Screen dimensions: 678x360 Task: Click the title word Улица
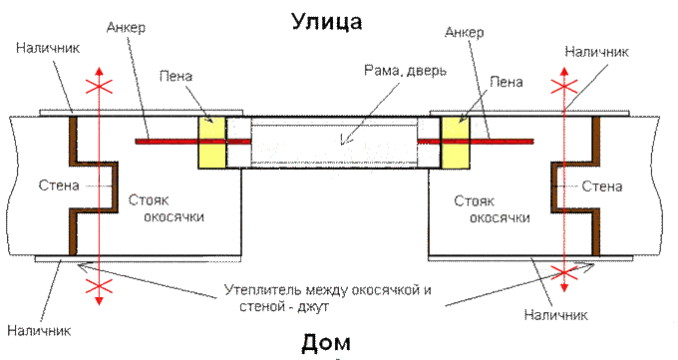click(x=326, y=22)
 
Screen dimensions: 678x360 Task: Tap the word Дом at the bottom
click(x=326, y=342)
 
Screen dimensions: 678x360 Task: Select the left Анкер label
click(x=126, y=27)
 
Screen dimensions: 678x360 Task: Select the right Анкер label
click(x=464, y=32)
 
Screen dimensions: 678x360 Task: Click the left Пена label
click(x=175, y=76)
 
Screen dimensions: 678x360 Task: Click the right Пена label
click(x=507, y=82)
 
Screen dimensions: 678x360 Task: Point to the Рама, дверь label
click(x=405, y=70)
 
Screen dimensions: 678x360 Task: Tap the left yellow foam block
click(x=211, y=142)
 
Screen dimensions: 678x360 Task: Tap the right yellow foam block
click(x=456, y=142)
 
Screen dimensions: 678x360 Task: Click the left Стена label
click(x=59, y=185)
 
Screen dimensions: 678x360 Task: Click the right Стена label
click(x=602, y=186)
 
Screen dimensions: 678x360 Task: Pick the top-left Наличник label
click(x=48, y=47)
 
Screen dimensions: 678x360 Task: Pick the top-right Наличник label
click(x=596, y=52)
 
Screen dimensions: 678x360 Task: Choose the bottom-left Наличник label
click(x=39, y=331)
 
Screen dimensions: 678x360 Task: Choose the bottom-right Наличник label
click(x=556, y=314)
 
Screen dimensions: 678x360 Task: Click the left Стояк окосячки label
click(x=167, y=208)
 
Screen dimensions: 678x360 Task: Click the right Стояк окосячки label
click(x=493, y=209)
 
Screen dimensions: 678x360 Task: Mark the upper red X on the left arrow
click(x=99, y=87)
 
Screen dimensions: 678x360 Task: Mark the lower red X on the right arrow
click(x=564, y=272)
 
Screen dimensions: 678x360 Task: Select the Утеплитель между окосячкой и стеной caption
click(x=328, y=298)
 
